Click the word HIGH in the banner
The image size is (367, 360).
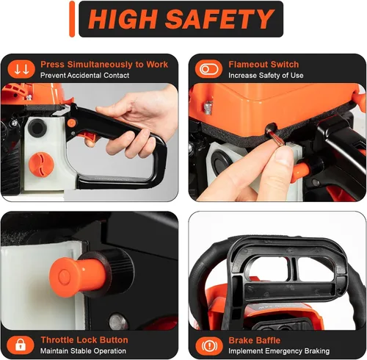pyautogui.click(x=123, y=19)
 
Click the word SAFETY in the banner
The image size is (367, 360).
pyautogui.click(x=219, y=19)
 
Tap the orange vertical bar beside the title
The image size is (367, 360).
pyautogui.click(x=72, y=19)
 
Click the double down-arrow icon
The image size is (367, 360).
pyautogui.click(x=21, y=69)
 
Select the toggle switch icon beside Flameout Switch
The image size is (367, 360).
pyautogui.click(x=208, y=69)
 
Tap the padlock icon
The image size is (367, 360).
pyautogui.click(x=21, y=345)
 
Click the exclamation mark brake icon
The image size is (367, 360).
pyautogui.click(x=209, y=346)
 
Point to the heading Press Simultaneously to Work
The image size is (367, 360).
pyautogui.click(x=104, y=65)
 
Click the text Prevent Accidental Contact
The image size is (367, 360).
pyautogui.click(x=84, y=75)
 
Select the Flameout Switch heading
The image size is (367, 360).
pyautogui.click(x=264, y=65)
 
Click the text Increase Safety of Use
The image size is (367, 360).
pyautogui.click(x=266, y=75)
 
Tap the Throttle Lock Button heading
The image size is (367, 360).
pyautogui.click(x=84, y=340)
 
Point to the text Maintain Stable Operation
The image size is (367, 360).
pyautogui.click(x=83, y=351)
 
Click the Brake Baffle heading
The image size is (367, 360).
pyautogui.click(x=255, y=340)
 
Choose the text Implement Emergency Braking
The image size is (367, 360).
pyautogui.click(x=279, y=351)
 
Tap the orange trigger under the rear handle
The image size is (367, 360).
pyautogui.click(x=89, y=137)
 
